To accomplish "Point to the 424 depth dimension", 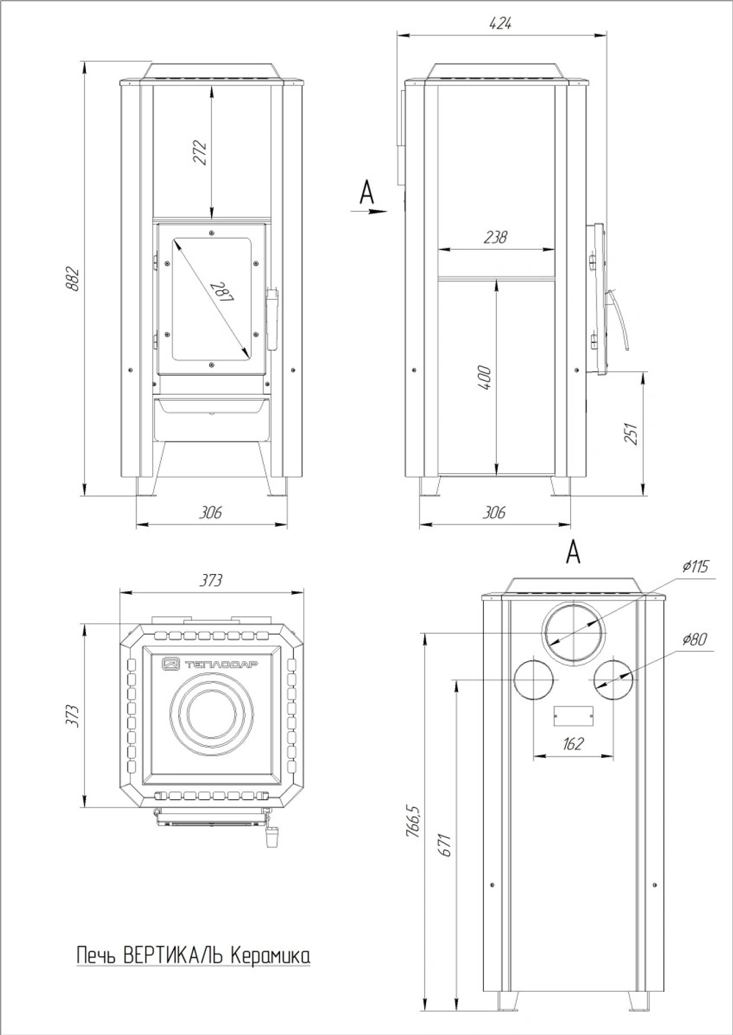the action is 501,23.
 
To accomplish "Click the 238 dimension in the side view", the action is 496,237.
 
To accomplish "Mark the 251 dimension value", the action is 632,434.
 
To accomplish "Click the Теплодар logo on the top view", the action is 210,664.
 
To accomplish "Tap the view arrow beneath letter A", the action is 369,212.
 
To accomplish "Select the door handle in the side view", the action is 619,320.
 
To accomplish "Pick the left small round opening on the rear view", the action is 534,680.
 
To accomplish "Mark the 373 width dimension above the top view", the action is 210,580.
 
